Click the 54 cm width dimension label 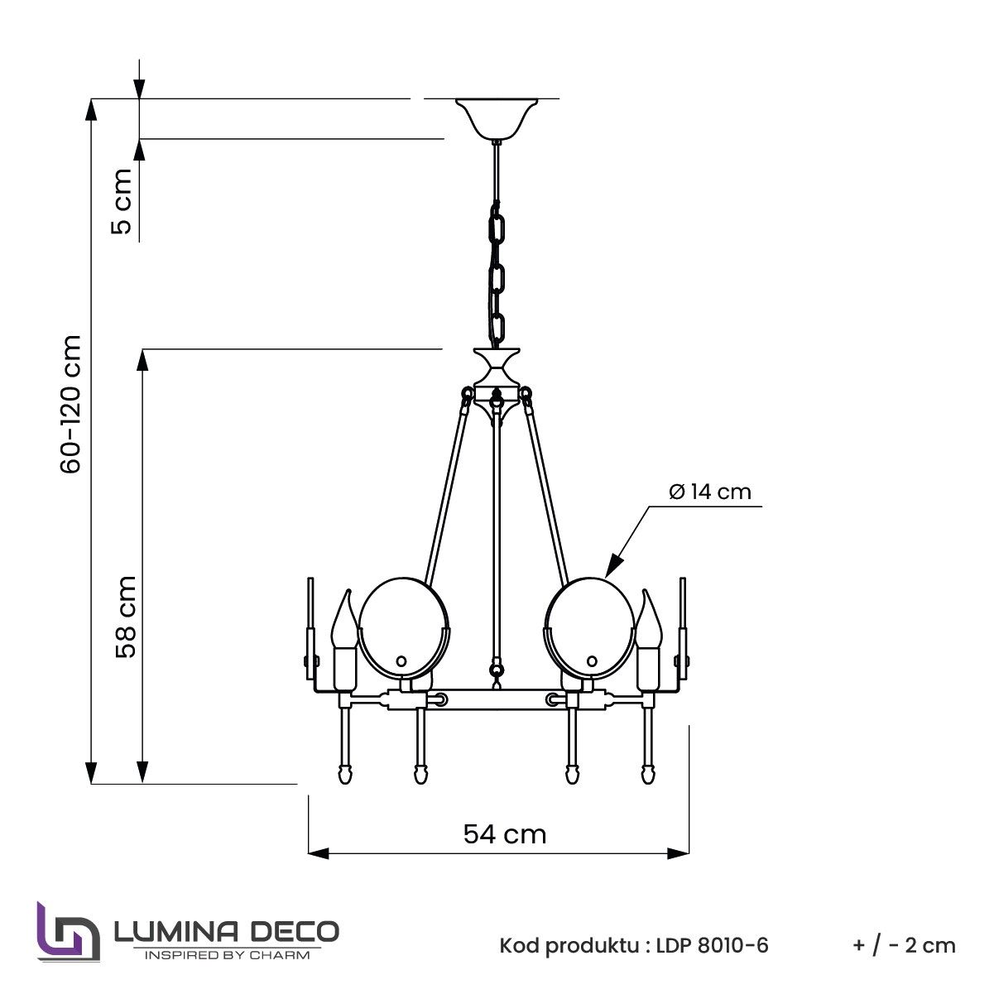(504, 833)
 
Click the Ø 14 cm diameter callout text (709, 492)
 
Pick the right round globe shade (589, 627)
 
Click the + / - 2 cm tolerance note (903, 945)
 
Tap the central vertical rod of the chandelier (497, 538)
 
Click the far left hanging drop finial (344, 773)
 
